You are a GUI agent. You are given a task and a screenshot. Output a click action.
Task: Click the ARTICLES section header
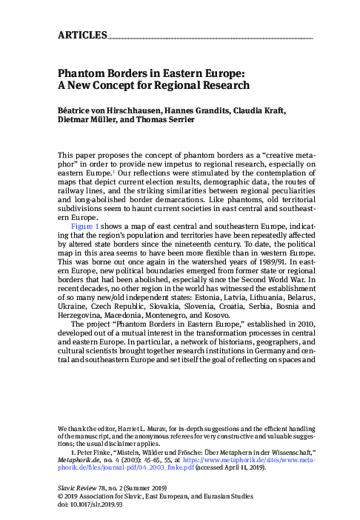tap(81, 35)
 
